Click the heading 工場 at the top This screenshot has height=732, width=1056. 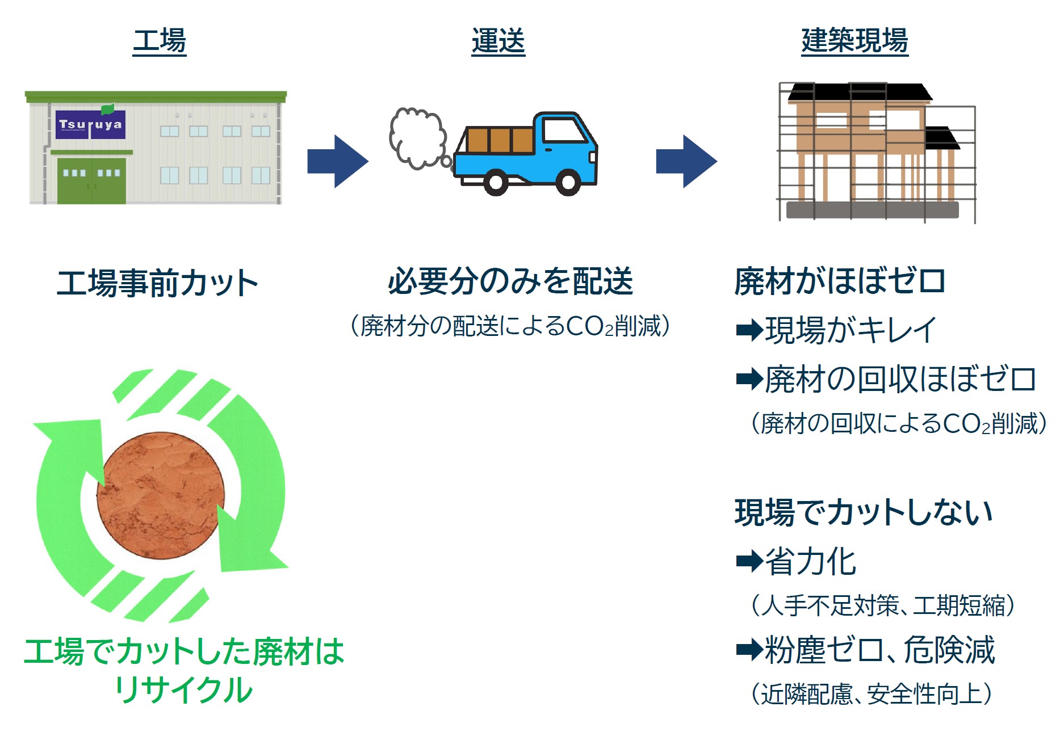point(160,41)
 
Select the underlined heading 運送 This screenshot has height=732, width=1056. point(498,41)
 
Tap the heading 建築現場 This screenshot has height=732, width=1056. point(854,41)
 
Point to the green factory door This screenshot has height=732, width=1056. point(91,180)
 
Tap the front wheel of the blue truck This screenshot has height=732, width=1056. point(568,182)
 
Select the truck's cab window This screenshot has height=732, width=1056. point(564,130)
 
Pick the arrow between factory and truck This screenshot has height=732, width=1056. point(338,161)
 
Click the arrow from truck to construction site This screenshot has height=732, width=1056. point(686,161)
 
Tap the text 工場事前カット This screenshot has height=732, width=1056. point(157,283)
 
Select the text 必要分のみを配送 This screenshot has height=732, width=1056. point(510,281)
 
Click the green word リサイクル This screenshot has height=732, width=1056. point(183,690)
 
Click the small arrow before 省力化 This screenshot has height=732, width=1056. point(749,561)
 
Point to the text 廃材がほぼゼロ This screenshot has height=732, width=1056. point(840,281)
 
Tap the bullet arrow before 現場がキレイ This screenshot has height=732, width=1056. point(749,330)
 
